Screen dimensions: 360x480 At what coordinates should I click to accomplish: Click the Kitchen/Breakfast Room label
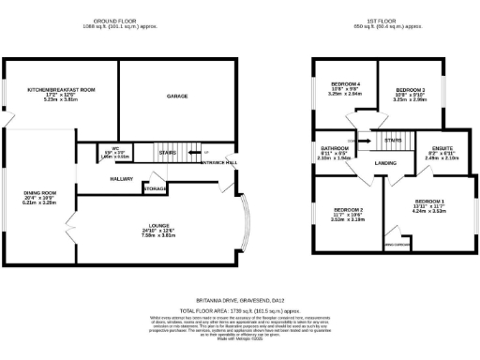point(62,89)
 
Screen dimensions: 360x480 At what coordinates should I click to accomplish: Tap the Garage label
point(177,97)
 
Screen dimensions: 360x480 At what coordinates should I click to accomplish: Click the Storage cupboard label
point(156,189)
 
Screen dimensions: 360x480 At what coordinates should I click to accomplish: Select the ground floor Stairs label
point(169,151)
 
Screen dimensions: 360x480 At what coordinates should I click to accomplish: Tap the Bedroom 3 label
point(411,90)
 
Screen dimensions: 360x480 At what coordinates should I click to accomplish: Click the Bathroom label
point(335,148)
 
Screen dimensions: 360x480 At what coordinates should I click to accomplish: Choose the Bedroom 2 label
point(349,209)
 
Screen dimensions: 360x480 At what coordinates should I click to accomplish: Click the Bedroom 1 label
point(429,202)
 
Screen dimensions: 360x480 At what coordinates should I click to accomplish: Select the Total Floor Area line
point(240,308)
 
